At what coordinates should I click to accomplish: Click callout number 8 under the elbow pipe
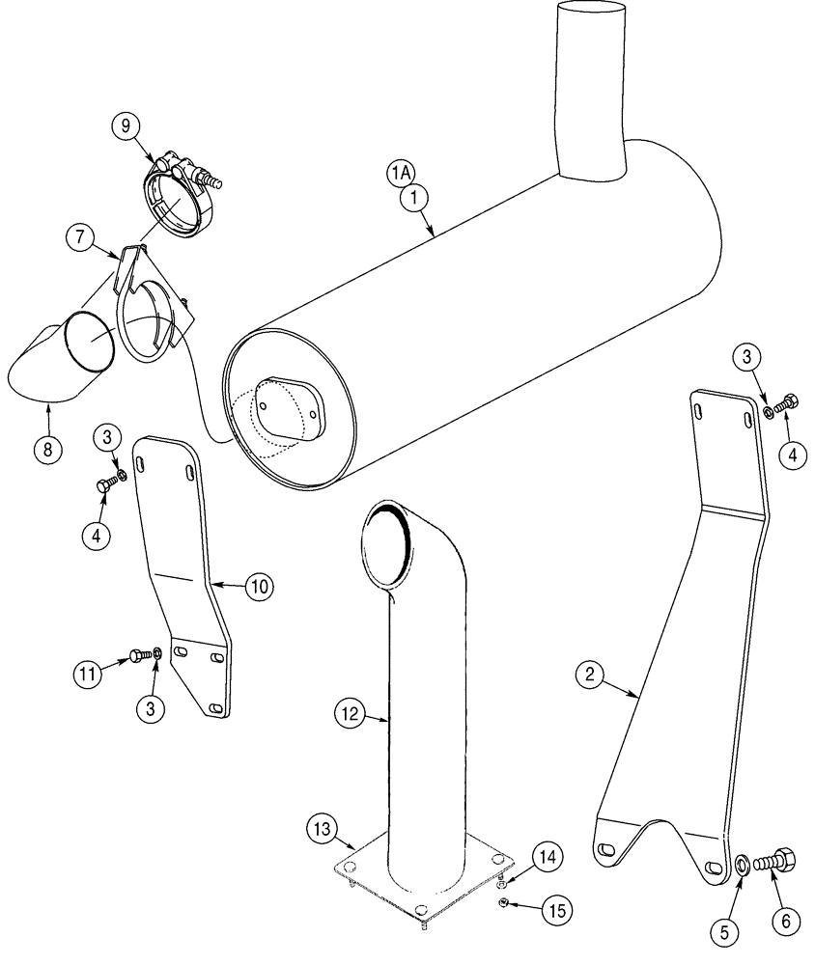pos(44,449)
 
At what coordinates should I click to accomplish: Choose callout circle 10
pos(260,586)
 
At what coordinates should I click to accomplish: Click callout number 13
pos(323,827)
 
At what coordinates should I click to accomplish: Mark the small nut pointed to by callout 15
pos(504,903)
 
